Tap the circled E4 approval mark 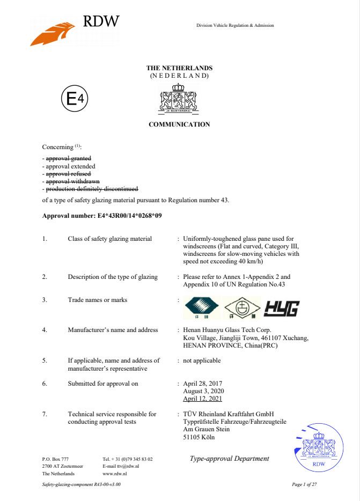point(75,99)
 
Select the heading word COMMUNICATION point(179,124)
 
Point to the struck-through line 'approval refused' point(68,174)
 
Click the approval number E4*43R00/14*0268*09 point(126,216)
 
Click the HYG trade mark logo point(281,307)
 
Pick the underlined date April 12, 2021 point(202,399)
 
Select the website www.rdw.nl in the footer point(114,474)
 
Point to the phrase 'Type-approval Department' point(229,459)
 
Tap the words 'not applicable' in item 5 point(202,360)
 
